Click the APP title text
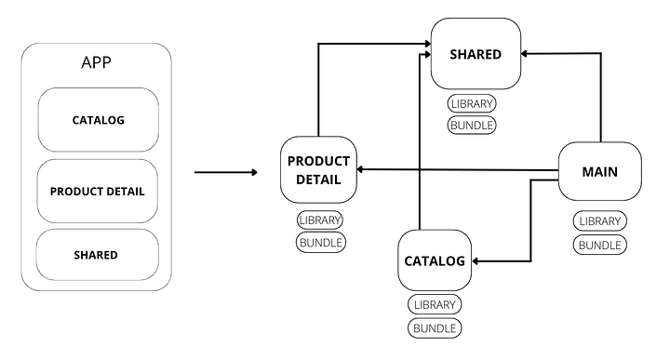[x=96, y=64]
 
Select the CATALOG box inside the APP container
[x=99, y=120]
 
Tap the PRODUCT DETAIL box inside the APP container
[x=98, y=191]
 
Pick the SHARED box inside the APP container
[x=96, y=255]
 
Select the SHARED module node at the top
[x=476, y=54]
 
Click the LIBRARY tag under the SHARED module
[x=472, y=103]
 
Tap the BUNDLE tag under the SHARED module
[x=472, y=125]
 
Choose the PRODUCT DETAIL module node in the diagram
[x=319, y=169]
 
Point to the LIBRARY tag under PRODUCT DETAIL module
[x=321, y=220]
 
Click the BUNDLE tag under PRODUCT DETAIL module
[x=321, y=243]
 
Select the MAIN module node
[x=599, y=171]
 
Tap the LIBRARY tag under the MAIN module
[x=599, y=221]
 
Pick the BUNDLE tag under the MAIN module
[x=599, y=245]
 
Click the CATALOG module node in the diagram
[x=435, y=260]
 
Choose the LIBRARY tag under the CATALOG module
[x=435, y=305]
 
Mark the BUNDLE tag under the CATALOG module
[x=435, y=327]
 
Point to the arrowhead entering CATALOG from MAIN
[x=477, y=262]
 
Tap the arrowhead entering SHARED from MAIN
[x=527, y=54]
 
